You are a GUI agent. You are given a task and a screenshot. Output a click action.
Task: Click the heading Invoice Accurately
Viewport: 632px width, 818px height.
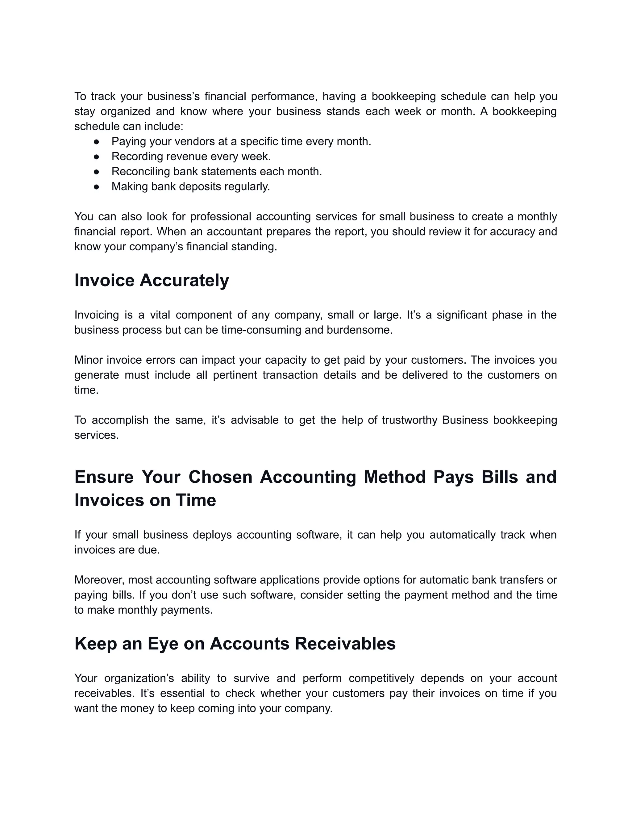(152, 281)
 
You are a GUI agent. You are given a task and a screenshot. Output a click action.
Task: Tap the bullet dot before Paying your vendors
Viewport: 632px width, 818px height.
(96, 142)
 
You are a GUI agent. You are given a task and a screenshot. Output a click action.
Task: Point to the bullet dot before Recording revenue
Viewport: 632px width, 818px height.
(96, 157)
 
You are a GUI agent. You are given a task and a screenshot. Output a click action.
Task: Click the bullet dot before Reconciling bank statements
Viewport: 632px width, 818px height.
(96, 172)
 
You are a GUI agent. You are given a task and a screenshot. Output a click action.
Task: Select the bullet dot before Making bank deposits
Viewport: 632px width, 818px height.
(96, 187)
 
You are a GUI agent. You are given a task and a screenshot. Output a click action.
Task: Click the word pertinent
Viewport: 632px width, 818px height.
(235, 375)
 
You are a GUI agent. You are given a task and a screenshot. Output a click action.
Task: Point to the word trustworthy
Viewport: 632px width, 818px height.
(410, 420)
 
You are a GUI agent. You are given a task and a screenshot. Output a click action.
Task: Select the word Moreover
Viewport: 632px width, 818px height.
(99, 580)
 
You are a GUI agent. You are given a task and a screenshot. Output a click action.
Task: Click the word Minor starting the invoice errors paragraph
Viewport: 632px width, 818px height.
(88, 360)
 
